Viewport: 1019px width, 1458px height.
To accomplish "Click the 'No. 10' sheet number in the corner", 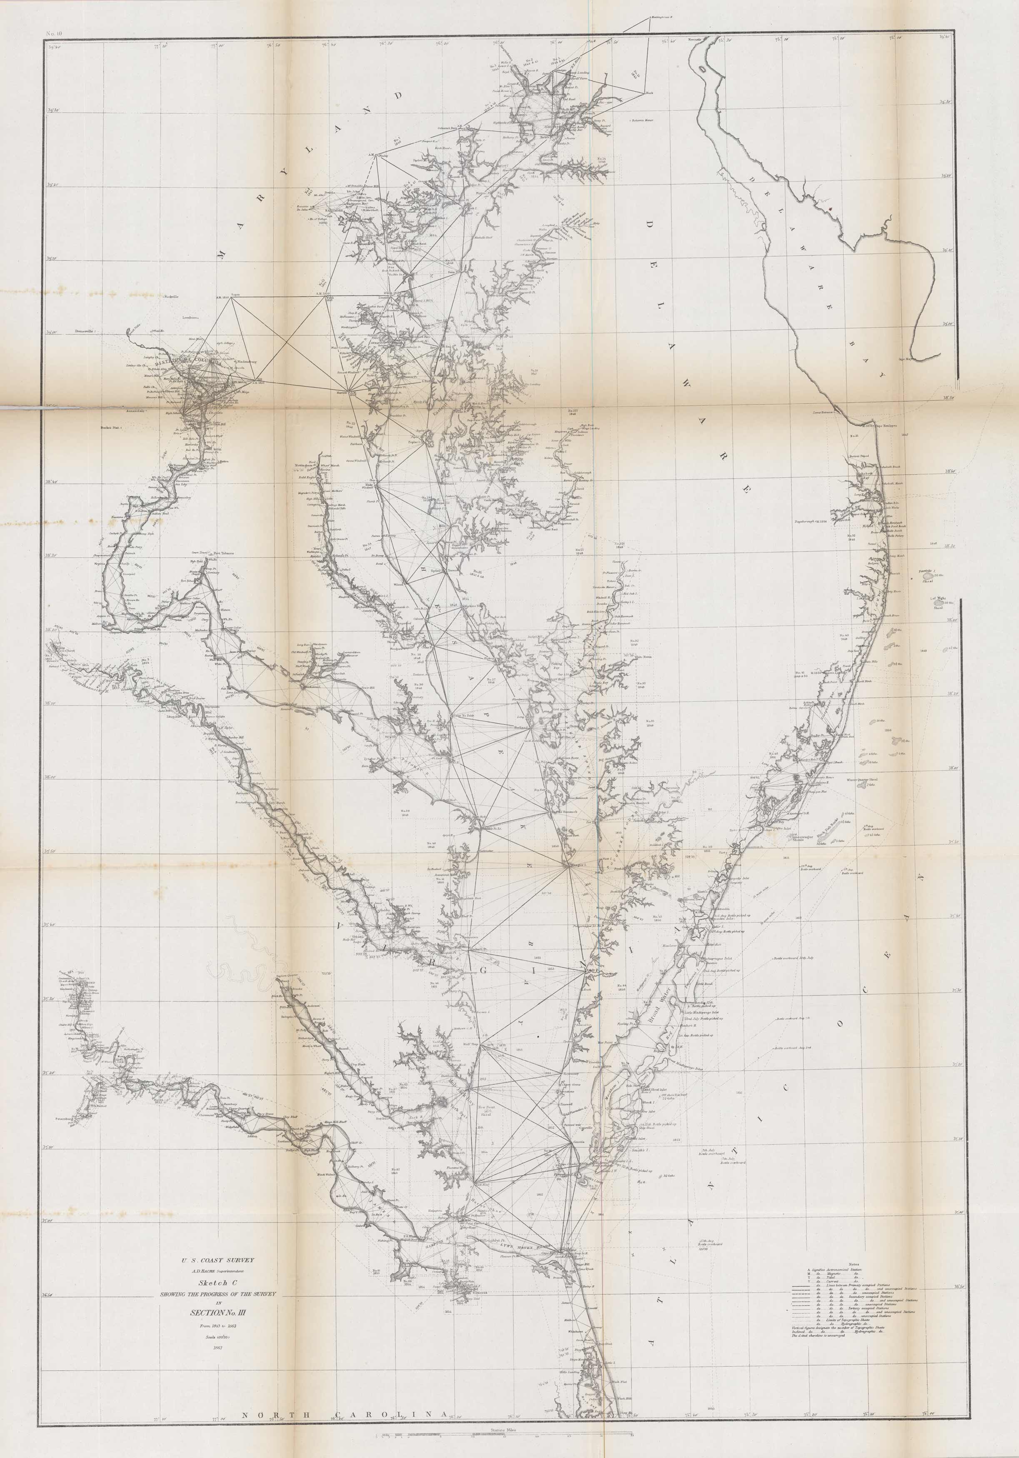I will (55, 33).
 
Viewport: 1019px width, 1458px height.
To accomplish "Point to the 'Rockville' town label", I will (171, 297).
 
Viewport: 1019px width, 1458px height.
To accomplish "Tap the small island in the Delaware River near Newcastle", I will (700, 67).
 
